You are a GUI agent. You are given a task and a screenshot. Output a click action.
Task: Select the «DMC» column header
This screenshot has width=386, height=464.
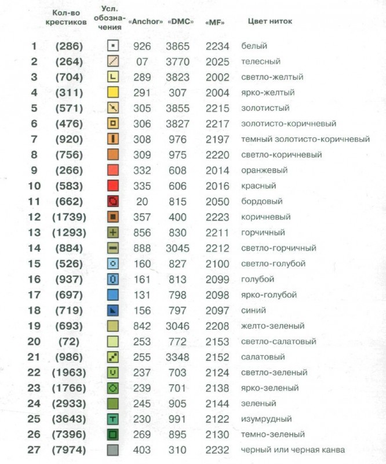click(177, 22)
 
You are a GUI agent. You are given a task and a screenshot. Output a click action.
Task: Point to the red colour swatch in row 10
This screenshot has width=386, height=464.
click(114, 186)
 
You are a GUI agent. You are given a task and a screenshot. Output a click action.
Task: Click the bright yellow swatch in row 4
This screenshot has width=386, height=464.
click(114, 92)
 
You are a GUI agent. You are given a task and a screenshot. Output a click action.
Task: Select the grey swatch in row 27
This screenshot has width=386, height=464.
click(114, 450)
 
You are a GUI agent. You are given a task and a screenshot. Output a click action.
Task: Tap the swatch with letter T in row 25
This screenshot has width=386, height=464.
click(114, 419)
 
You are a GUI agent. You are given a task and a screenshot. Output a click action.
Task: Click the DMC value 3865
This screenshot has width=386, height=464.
click(177, 45)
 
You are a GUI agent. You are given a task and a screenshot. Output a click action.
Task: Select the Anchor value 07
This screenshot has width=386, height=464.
click(143, 61)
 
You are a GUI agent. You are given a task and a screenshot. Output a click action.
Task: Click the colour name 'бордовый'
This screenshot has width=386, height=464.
click(261, 201)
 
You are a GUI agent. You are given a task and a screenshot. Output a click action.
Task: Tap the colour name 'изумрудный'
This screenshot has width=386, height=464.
click(266, 419)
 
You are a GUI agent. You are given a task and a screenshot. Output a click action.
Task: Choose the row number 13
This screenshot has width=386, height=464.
click(34, 232)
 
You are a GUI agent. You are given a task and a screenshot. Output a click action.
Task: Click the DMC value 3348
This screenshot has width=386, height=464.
click(177, 357)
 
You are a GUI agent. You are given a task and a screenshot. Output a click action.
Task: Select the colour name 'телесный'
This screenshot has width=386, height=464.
click(261, 61)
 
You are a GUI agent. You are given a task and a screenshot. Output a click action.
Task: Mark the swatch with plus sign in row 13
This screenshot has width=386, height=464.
click(114, 232)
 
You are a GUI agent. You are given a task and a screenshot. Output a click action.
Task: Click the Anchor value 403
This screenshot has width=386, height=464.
click(142, 450)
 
